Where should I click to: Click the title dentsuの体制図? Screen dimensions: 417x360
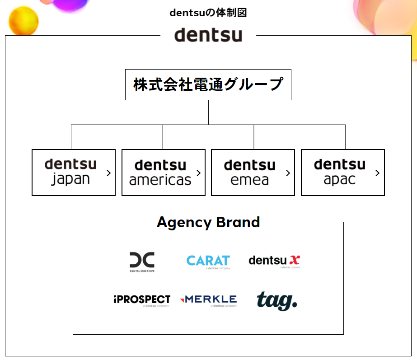pyautogui.click(x=208, y=13)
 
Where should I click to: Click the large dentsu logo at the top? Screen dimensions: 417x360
pyautogui.click(x=208, y=35)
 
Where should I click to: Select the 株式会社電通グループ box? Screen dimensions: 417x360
pyautogui.click(x=208, y=84)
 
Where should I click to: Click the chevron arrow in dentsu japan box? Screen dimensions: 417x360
pyautogui.click(x=108, y=173)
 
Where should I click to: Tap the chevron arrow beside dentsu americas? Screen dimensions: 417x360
pyautogui.click(x=198, y=173)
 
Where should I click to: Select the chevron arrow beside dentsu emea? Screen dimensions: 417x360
pyautogui.click(x=288, y=173)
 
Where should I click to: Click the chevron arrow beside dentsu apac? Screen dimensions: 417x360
pyautogui.click(x=377, y=173)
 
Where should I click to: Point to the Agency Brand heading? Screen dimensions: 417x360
pyautogui.click(x=208, y=222)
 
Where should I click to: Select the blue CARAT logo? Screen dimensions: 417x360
pyautogui.click(x=208, y=261)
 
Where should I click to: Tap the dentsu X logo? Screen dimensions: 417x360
pyautogui.click(x=274, y=261)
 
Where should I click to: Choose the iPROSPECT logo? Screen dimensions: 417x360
pyautogui.click(x=142, y=300)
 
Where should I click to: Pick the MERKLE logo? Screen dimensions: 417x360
pyautogui.click(x=208, y=300)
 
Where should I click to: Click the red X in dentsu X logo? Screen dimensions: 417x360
pyautogui.click(x=295, y=260)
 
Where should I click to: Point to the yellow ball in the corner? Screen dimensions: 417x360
pyautogui.click(x=23, y=20)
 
